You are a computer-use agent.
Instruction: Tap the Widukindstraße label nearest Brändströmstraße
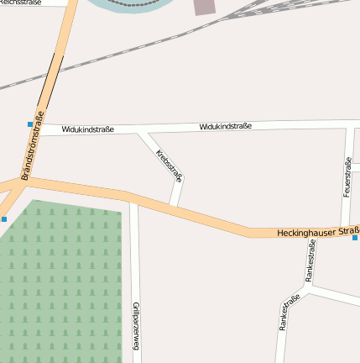pyautogui.click(x=87, y=129)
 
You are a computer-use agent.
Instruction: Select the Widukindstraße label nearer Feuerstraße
pyautogui.click(x=226, y=126)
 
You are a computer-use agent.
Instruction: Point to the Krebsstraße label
pyautogui.click(x=169, y=166)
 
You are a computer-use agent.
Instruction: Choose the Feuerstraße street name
pyautogui.click(x=347, y=177)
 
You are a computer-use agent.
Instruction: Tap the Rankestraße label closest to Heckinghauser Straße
pyautogui.click(x=310, y=260)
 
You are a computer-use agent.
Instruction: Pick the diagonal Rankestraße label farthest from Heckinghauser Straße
pyautogui.click(x=290, y=312)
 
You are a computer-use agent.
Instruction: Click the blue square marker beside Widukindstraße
pyautogui.click(x=30, y=124)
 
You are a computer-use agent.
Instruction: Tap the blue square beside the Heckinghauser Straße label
pyautogui.click(x=355, y=237)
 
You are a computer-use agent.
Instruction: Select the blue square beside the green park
pyautogui.click(x=4, y=219)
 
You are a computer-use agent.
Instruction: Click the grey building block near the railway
pyautogui.click(x=205, y=7)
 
